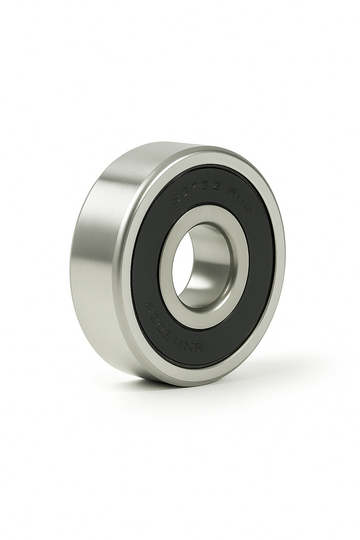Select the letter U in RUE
[x=239, y=200]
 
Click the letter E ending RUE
[x=247, y=207]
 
